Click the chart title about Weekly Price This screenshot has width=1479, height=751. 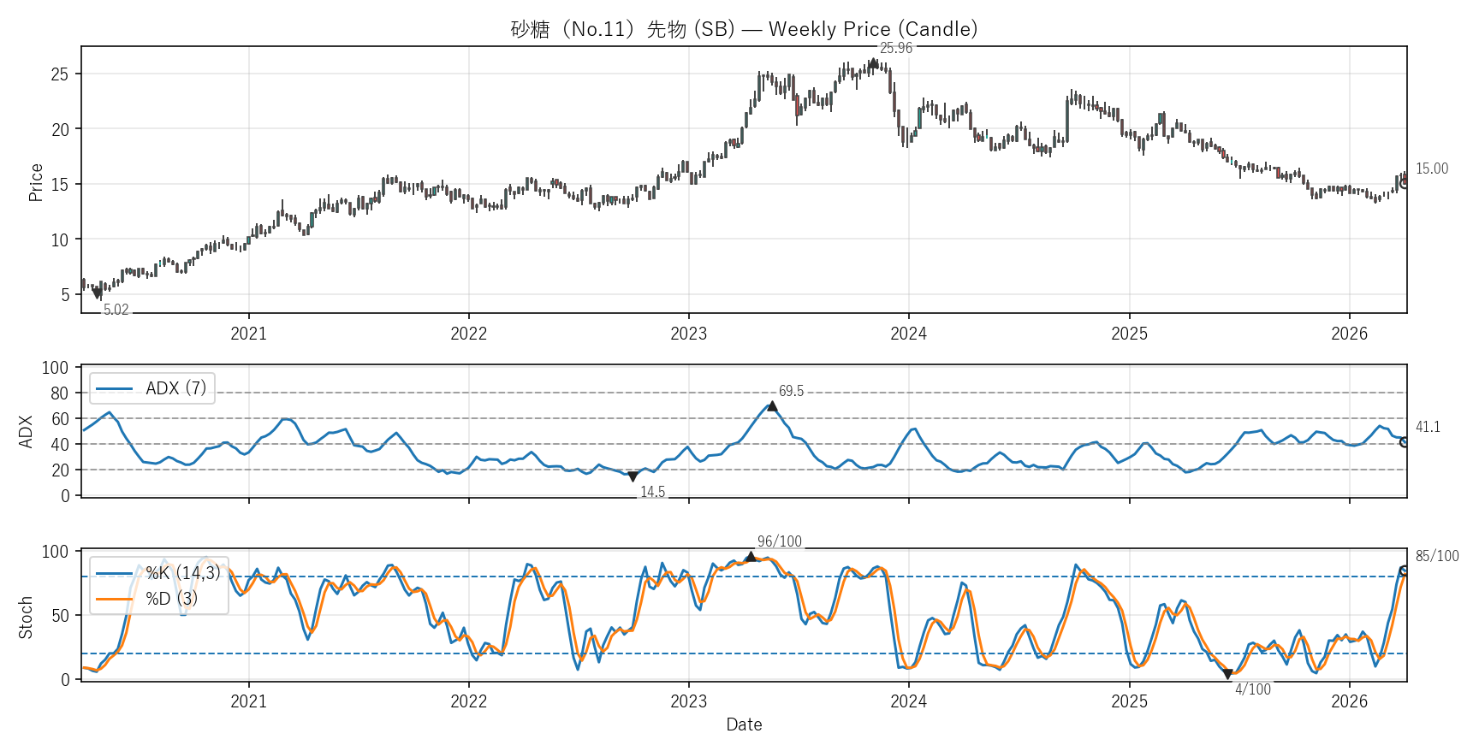pos(744,29)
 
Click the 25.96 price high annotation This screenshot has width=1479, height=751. pos(896,48)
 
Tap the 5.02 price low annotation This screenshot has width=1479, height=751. pos(116,310)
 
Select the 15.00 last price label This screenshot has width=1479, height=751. pos(1431,169)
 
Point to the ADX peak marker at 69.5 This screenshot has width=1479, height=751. pos(772,406)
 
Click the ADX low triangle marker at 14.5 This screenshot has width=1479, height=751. pos(633,476)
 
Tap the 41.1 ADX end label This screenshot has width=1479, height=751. pos(1428,427)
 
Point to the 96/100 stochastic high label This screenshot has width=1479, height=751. pos(780,541)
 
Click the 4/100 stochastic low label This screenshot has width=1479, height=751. pos(1252,689)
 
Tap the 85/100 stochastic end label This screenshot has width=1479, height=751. pos(1436,556)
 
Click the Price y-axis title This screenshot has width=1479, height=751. pos(36,182)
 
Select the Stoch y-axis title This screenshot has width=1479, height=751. pos(26,617)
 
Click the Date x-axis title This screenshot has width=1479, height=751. pos(744,724)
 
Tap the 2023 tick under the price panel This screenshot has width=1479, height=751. pos(688,334)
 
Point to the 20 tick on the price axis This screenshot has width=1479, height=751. pos(60,130)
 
